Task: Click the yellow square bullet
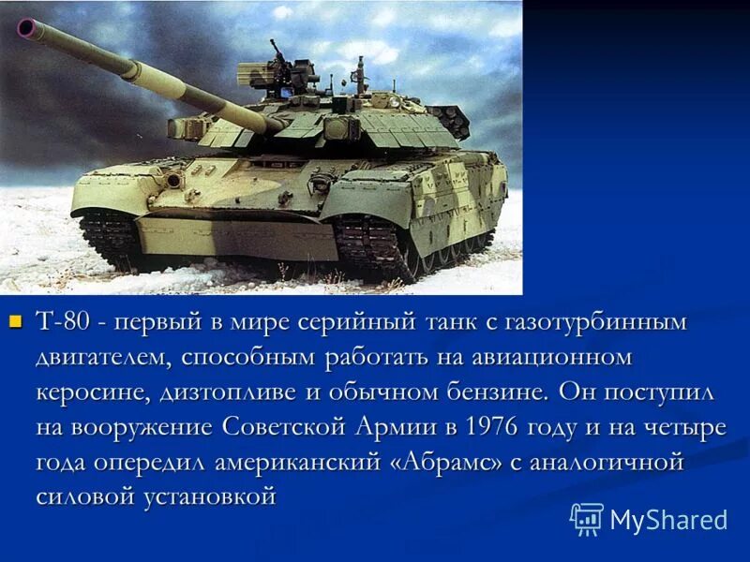point(14,323)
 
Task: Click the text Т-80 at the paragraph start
point(64,323)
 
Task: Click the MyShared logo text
point(668,520)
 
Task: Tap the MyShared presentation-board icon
point(587,519)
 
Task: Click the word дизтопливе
point(220,392)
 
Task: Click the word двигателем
point(104,358)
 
